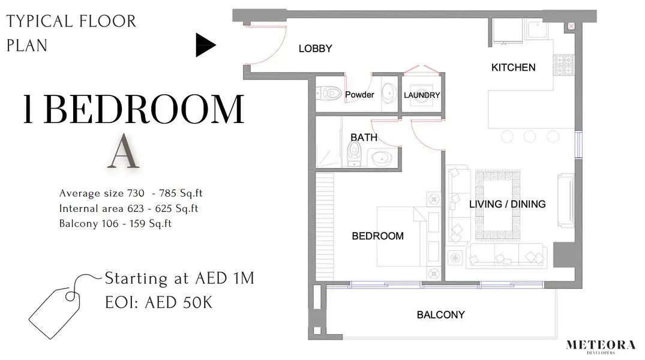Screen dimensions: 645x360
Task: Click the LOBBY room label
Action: point(315,49)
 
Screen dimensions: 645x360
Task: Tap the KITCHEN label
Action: point(514,67)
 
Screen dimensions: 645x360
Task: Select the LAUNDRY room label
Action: point(422,95)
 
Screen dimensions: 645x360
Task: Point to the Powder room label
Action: point(359,95)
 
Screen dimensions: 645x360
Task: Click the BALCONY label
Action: point(440,315)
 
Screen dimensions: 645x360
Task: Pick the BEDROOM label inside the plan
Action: point(377,236)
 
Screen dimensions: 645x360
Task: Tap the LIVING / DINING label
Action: point(507,204)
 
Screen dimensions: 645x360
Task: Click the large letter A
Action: point(123,151)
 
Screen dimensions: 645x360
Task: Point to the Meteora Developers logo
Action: point(601,346)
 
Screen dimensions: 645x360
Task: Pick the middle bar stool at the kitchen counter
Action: point(530,136)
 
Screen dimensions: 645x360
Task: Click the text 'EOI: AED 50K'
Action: point(158,302)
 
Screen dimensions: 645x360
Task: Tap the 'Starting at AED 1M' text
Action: point(179,278)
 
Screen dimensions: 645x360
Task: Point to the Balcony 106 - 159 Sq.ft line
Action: point(115,223)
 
